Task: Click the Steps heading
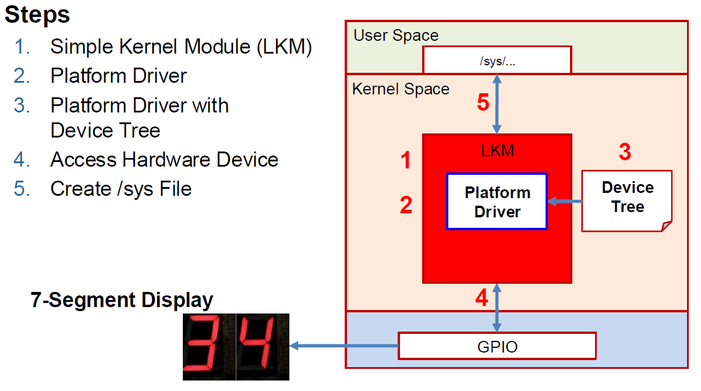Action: tap(37, 15)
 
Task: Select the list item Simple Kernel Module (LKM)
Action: tap(181, 47)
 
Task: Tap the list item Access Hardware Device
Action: tap(164, 159)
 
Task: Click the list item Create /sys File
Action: tap(121, 188)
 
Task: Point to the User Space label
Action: tap(396, 35)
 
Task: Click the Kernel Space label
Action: tap(401, 89)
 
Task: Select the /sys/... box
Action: tap(497, 61)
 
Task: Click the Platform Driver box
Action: tap(497, 202)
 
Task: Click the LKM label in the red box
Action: tap(497, 151)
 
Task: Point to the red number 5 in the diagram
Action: tap(483, 103)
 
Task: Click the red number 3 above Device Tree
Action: tap(624, 152)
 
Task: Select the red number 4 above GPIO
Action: tap(481, 298)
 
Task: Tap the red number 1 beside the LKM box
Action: tap(406, 160)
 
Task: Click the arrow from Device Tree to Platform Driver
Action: tap(565, 202)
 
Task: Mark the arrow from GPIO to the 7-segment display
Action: tap(344, 346)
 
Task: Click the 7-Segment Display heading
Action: tap(122, 300)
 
